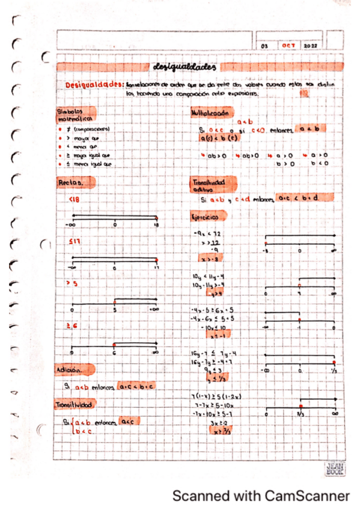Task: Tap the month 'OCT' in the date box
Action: pyautogui.click(x=288, y=45)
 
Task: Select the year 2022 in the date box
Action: pyautogui.click(x=311, y=45)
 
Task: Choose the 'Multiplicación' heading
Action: pyautogui.click(x=210, y=113)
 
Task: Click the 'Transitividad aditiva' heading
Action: pyautogui.click(x=206, y=185)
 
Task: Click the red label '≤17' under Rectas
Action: pyautogui.click(x=75, y=242)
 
